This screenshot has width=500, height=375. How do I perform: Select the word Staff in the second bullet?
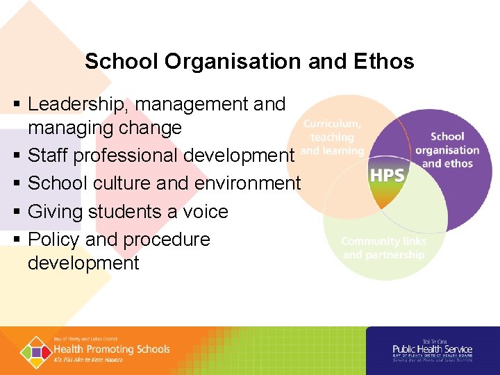click(48, 156)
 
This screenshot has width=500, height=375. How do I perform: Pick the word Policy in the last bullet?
click(53, 239)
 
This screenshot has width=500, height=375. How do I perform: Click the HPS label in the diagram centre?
click(387, 176)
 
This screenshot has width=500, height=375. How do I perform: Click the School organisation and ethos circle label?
click(447, 150)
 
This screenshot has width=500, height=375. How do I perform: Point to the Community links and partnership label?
click(383, 248)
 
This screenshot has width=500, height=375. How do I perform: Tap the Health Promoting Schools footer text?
click(111, 349)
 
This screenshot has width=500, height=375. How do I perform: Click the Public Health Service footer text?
click(432, 349)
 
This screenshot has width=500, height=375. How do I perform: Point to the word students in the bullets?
click(121, 211)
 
